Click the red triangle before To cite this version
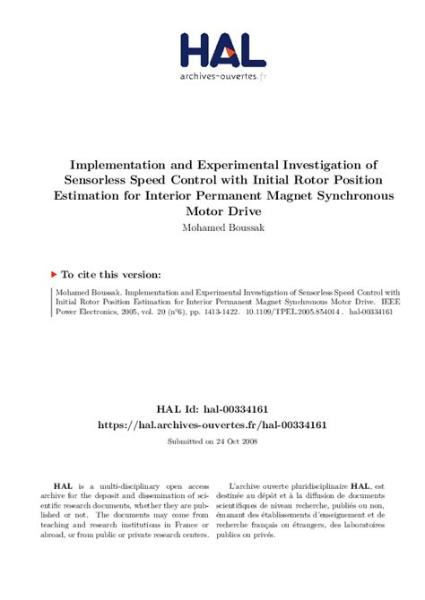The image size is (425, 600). point(54,274)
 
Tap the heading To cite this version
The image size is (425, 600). point(111,275)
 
